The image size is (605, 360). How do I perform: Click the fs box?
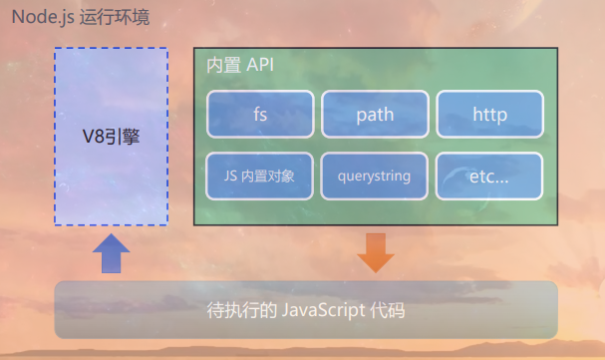tap(260, 115)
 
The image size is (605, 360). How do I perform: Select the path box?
tap(375, 115)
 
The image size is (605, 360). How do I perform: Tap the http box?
tap(489, 115)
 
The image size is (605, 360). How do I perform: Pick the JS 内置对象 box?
tap(260, 177)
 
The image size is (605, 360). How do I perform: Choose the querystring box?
tap(375, 177)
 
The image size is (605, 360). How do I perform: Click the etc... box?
tap(489, 177)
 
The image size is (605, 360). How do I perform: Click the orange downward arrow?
tap(376, 252)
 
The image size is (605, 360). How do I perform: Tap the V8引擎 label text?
tap(111, 136)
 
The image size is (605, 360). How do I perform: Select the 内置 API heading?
tap(239, 65)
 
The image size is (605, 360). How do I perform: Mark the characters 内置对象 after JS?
tap(269, 177)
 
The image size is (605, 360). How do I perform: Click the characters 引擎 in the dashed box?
tap(124, 136)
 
